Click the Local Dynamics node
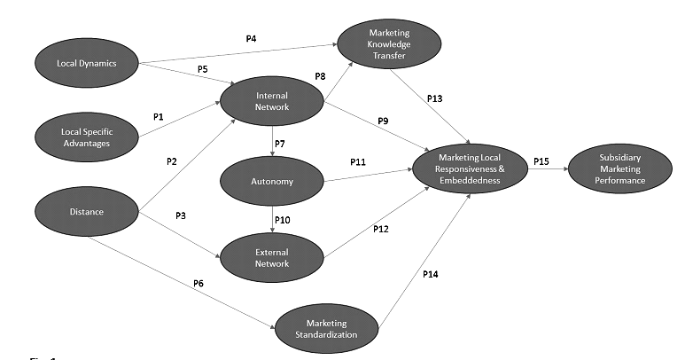87,63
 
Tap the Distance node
87,212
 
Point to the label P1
159,115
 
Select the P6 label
198,283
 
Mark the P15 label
541,161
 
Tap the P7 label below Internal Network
281,144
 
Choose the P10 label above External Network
283,218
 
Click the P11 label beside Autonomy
357,163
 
